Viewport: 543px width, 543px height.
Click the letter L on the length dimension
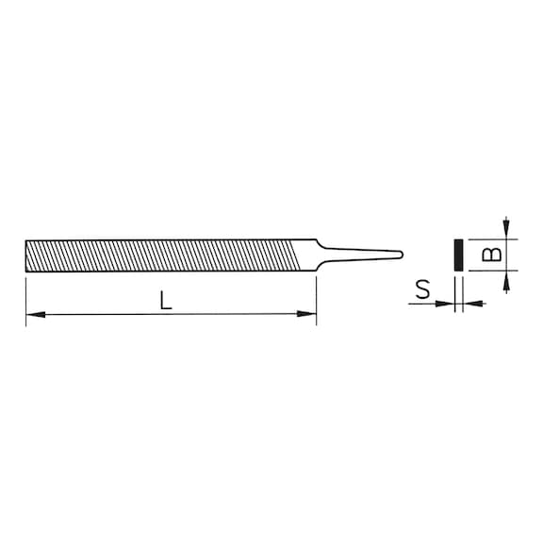coord(165,302)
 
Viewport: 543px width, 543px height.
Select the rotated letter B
coord(489,255)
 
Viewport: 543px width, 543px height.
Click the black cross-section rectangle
coord(456,255)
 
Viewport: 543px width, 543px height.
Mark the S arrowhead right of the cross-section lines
coord(469,304)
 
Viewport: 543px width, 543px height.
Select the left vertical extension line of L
coord(25,297)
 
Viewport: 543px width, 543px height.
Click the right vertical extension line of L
coord(316,297)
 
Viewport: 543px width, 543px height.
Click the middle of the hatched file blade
coord(160,255)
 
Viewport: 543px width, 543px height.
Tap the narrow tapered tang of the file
coord(363,254)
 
